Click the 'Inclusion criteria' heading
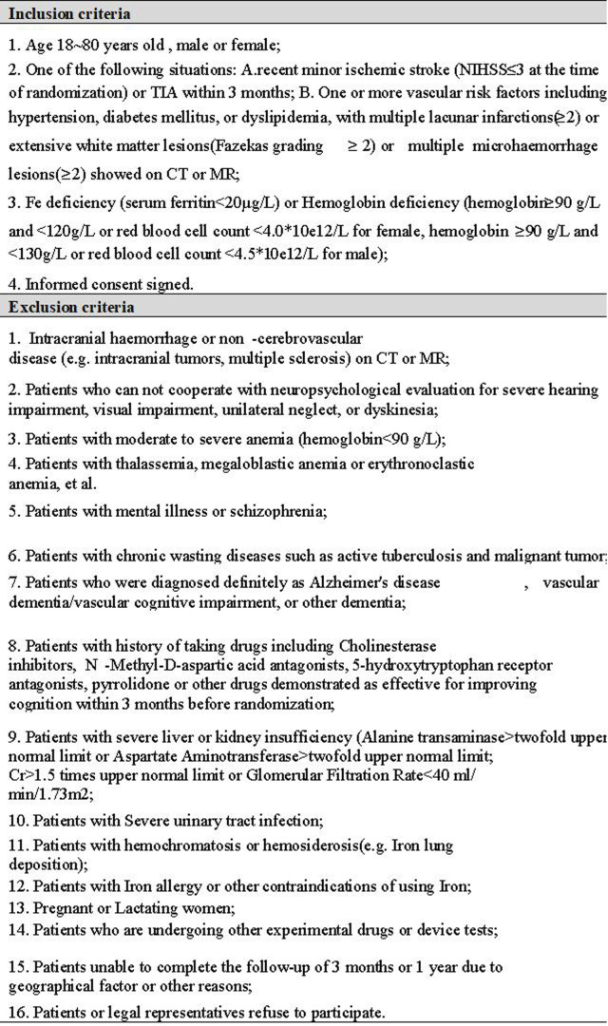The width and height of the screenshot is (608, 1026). pos(70,13)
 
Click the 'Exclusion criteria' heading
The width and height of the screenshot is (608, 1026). pos(72,307)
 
